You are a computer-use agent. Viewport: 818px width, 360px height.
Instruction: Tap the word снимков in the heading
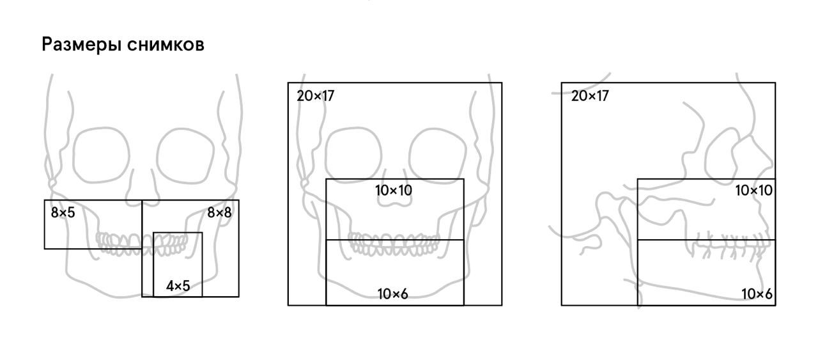166,45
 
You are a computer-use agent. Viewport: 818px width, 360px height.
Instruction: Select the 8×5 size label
63,212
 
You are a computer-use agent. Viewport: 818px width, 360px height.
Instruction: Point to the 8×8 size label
219,212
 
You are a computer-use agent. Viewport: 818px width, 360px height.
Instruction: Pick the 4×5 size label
178,286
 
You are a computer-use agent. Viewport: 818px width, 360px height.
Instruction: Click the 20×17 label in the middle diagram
316,96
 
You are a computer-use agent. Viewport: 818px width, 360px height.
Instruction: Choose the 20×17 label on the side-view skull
590,96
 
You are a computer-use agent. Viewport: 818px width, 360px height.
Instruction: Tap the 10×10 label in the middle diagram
394,191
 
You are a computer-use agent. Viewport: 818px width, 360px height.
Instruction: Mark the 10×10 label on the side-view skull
753,191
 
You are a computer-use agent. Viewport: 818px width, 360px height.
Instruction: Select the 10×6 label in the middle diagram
392,294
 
